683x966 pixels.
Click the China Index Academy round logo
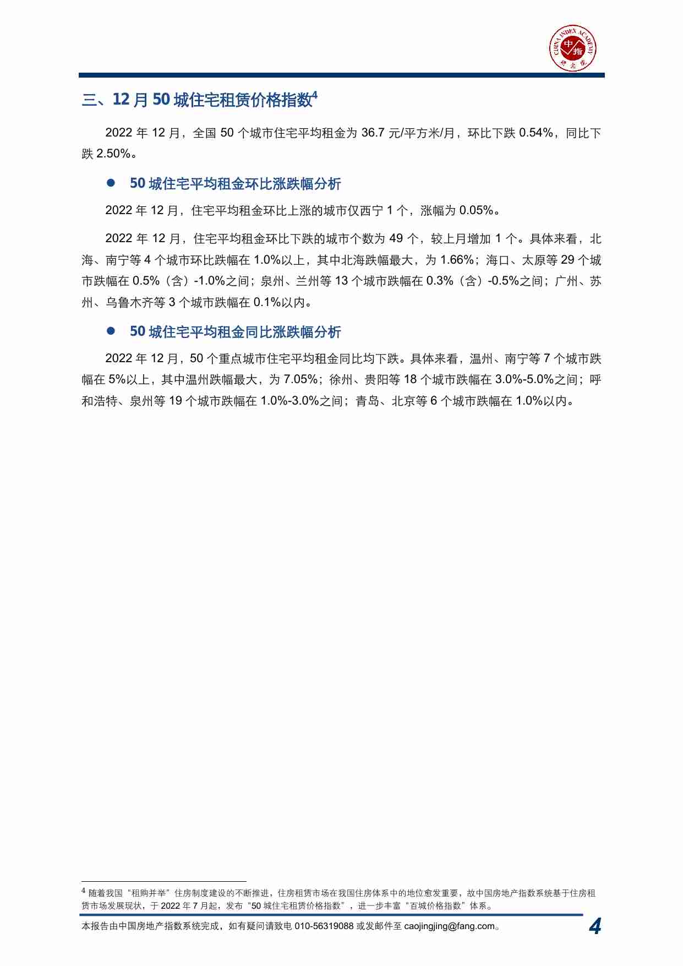(x=572, y=48)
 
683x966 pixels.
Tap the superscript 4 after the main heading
(x=315, y=95)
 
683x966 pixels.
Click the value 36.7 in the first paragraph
(x=373, y=133)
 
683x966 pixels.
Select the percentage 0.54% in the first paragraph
(x=536, y=133)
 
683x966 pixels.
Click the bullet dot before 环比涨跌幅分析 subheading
(x=111, y=183)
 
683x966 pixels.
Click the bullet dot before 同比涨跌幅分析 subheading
(x=111, y=331)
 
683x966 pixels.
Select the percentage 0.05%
(x=476, y=211)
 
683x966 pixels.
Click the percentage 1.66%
(x=457, y=260)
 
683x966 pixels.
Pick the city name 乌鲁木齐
(x=129, y=302)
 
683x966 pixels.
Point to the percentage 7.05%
(x=300, y=380)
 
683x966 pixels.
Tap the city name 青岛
(x=368, y=401)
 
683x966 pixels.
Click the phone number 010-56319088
(x=324, y=926)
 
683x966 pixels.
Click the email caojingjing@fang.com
(x=449, y=926)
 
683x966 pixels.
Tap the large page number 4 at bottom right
(x=594, y=926)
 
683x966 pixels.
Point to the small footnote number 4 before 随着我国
(x=84, y=891)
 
